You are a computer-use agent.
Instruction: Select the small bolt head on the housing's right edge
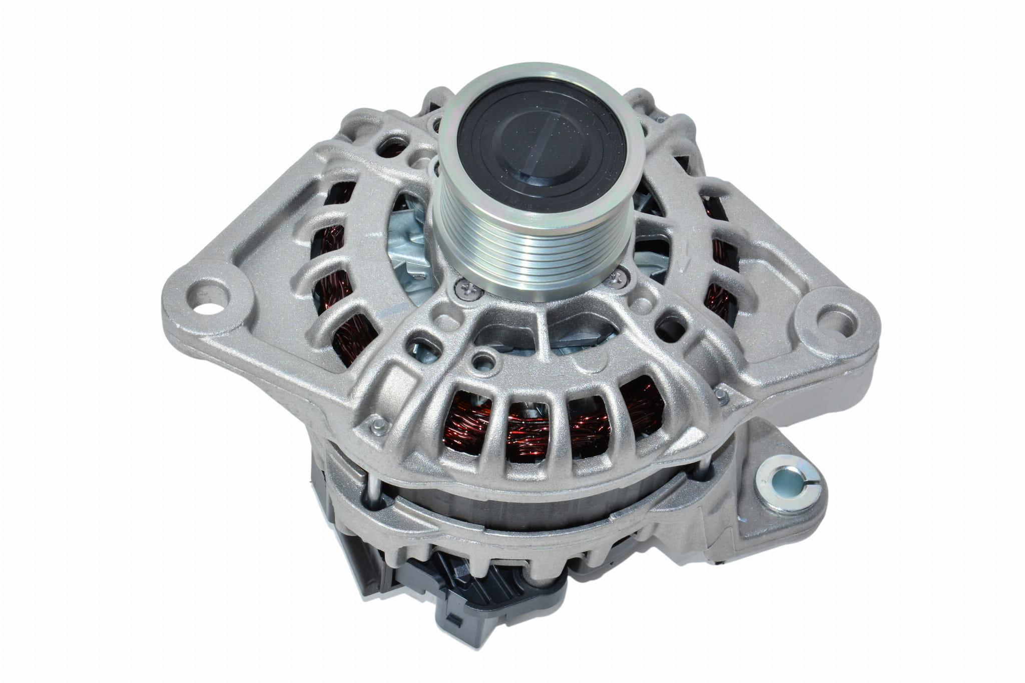pyautogui.click(x=724, y=382)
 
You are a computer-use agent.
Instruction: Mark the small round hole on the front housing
pyautogui.click(x=482, y=358)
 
